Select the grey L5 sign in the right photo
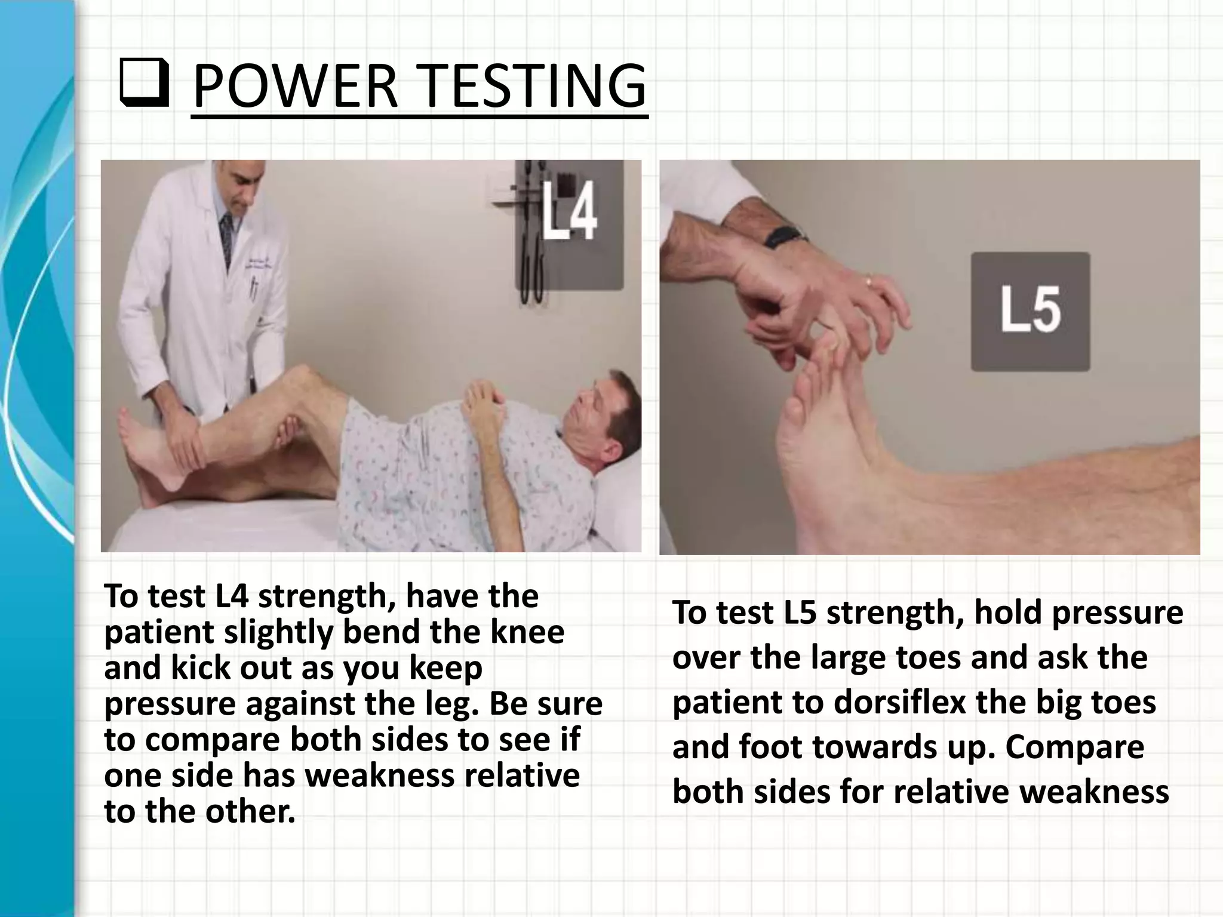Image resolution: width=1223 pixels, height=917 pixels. [x=1030, y=312]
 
